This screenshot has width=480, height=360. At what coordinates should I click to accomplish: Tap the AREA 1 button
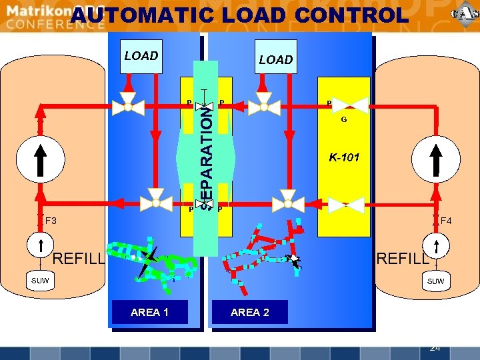pyautogui.click(x=149, y=312)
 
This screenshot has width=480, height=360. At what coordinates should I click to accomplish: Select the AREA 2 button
pyautogui.click(x=249, y=312)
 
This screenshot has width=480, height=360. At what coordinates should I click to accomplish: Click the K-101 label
pyautogui.click(x=343, y=158)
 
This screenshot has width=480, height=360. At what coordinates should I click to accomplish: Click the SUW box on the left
pyautogui.click(x=39, y=281)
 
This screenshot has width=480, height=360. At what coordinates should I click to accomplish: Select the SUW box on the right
pyautogui.click(x=435, y=281)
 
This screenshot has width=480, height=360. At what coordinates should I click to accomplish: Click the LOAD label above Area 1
pyautogui.click(x=141, y=56)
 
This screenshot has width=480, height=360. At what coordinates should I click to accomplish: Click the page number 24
pyautogui.click(x=435, y=347)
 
